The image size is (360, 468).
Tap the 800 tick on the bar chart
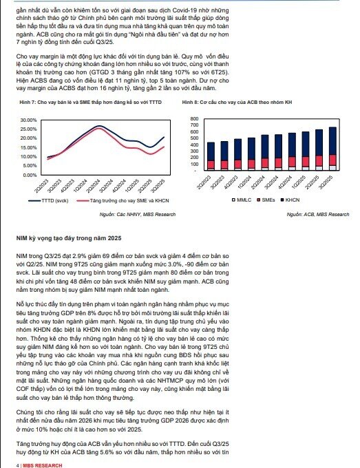(193, 119)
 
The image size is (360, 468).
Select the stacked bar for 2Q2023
(211, 156)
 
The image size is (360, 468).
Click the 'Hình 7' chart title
(89, 103)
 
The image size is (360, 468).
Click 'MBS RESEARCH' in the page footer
(39, 465)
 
